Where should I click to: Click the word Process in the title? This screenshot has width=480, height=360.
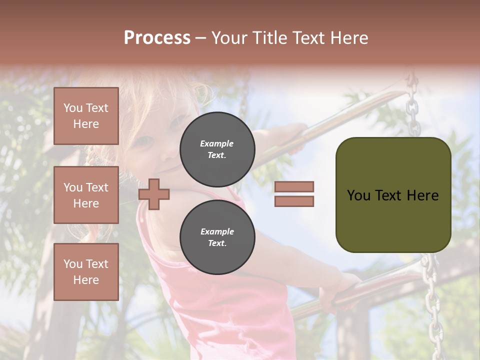[x=157, y=38]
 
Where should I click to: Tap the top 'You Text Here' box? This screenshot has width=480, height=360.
[x=86, y=116]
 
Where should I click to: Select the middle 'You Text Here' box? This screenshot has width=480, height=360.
[x=86, y=195]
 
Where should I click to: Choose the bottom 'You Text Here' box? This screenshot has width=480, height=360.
[x=86, y=272]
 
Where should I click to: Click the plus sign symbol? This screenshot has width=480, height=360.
[x=154, y=194]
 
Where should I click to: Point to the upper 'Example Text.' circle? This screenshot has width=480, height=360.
[x=217, y=149]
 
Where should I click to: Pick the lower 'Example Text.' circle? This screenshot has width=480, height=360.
[x=217, y=237]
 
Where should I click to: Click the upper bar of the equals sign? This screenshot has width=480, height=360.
[x=294, y=186]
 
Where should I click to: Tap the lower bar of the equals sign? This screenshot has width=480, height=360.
[x=294, y=201]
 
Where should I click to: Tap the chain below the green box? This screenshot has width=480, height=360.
[x=431, y=300]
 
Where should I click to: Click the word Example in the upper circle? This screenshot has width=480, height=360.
[x=217, y=143]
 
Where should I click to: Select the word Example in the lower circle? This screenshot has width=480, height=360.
[x=217, y=231]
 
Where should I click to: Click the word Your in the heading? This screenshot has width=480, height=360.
[x=230, y=38]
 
